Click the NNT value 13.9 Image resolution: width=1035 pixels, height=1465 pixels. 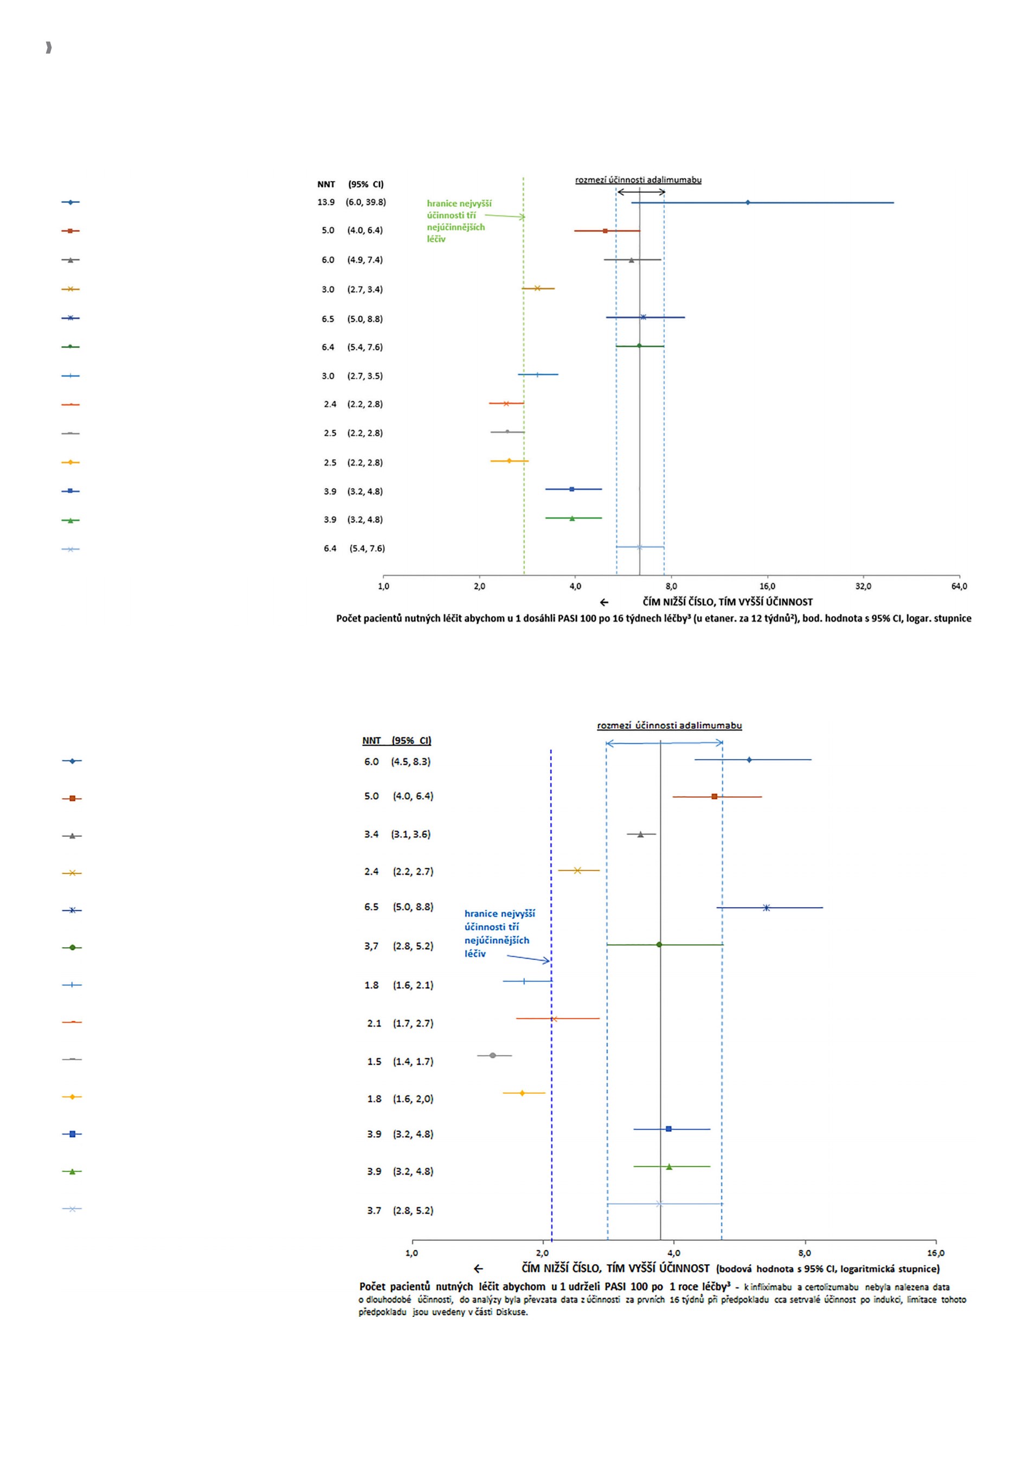coord(326,202)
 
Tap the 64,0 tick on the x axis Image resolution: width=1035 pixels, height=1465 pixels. coord(959,586)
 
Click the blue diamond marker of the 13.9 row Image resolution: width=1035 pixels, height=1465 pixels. coord(748,202)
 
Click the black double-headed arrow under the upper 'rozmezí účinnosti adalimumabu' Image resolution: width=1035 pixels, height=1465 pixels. coord(641,192)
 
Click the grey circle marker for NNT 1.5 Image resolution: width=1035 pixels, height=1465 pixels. coord(492,1055)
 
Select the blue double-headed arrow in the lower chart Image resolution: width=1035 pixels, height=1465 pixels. coord(664,743)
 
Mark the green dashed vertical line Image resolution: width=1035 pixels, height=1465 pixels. coord(524,376)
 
